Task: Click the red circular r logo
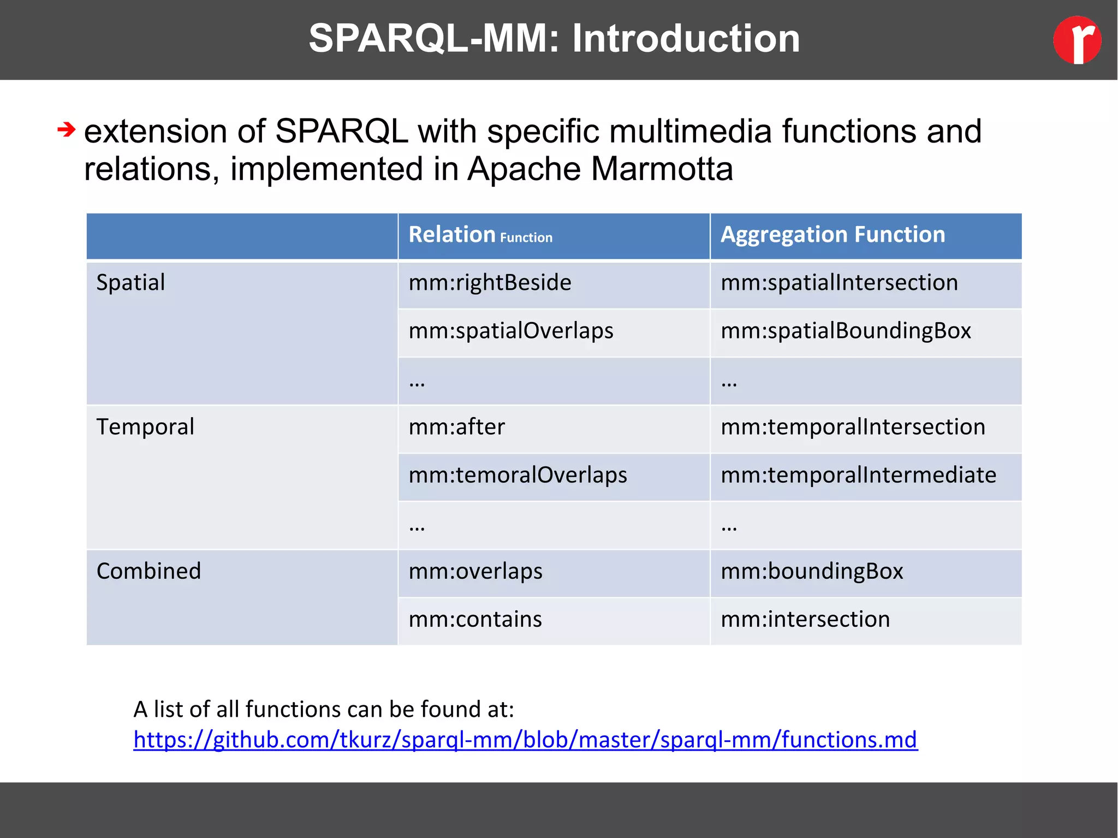(1077, 40)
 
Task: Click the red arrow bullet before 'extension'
(66, 130)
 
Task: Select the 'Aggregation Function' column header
(832, 235)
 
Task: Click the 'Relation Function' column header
(480, 235)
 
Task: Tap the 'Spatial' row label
(130, 283)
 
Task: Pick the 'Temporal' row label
(145, 427)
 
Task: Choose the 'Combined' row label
(148, 571)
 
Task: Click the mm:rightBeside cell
(490, 283)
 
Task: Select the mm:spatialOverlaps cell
(511, 331)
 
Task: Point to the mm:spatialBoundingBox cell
(846, 331)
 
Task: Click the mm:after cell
(457, 427)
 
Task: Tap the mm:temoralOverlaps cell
(518, 475)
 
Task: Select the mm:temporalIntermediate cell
(858, 475)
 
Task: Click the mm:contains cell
(475, 620)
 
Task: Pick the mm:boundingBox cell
(812, 572)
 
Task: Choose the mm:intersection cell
(805, 620)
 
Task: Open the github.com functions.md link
(525, 740)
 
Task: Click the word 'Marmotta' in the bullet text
(662, 169)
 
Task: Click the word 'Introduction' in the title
(686, 39)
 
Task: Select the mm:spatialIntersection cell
(839, 283)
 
